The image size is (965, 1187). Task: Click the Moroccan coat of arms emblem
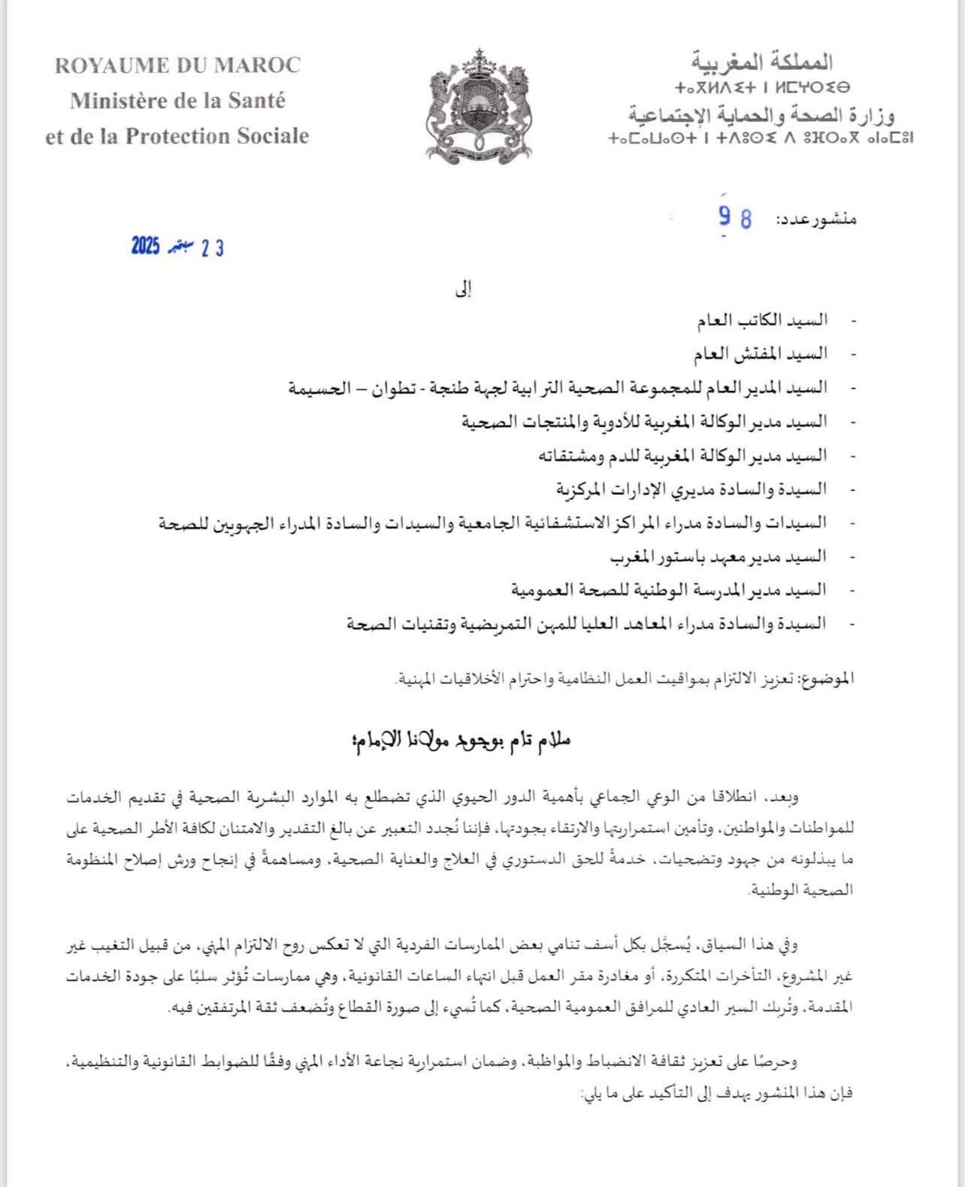479,105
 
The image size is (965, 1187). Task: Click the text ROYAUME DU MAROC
177,65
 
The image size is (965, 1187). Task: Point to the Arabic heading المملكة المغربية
761,61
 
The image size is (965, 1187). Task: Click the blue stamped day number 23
213,248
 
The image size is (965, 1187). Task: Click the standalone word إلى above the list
465,289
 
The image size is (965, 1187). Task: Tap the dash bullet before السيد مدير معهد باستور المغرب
852,557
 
